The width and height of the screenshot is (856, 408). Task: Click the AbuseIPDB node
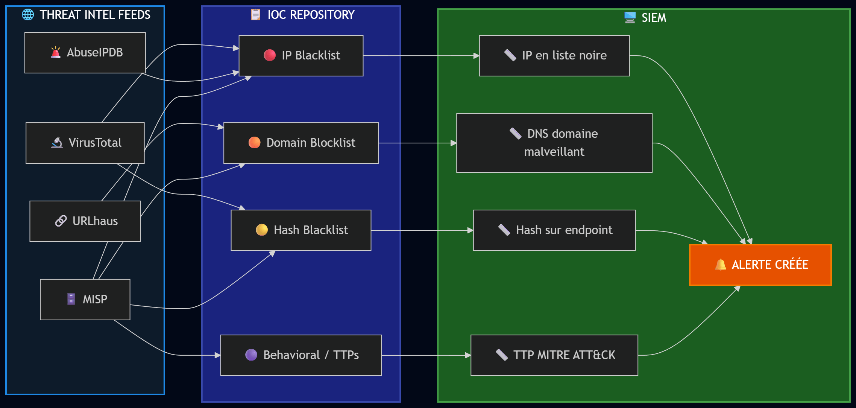(x=85, y=53)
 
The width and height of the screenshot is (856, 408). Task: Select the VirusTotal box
(x=85, y=143)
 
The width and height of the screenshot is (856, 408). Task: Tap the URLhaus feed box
(x=85, y=221)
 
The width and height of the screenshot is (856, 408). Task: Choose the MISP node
(x=85, y=300)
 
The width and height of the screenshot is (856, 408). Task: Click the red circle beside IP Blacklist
(x=270, y=55)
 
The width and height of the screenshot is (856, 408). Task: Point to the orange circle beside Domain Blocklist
(x=254, y=143)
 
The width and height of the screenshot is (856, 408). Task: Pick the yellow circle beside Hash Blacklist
(x=262, y=230)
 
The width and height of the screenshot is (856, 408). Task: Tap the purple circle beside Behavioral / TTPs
(x=251, y=355)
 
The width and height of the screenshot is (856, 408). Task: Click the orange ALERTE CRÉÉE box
(x=760, y=265)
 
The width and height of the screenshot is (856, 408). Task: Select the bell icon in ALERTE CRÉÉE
(x=720, y=265)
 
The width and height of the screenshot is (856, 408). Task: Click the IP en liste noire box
(x=554, y=56)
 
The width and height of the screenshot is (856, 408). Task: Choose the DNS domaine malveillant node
(x=554, y=143)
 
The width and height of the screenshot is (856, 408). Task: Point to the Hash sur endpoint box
(x=554, y=230)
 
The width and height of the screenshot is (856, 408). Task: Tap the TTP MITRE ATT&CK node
(x=554, y=355)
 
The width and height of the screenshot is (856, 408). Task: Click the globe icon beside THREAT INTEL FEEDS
(x=28, y=15)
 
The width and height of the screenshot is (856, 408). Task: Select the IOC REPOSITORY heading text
(x=311, y=15)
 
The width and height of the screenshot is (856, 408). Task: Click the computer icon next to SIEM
(x=630, y=18)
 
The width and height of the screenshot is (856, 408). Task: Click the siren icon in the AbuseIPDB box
(x=56, y=52)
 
